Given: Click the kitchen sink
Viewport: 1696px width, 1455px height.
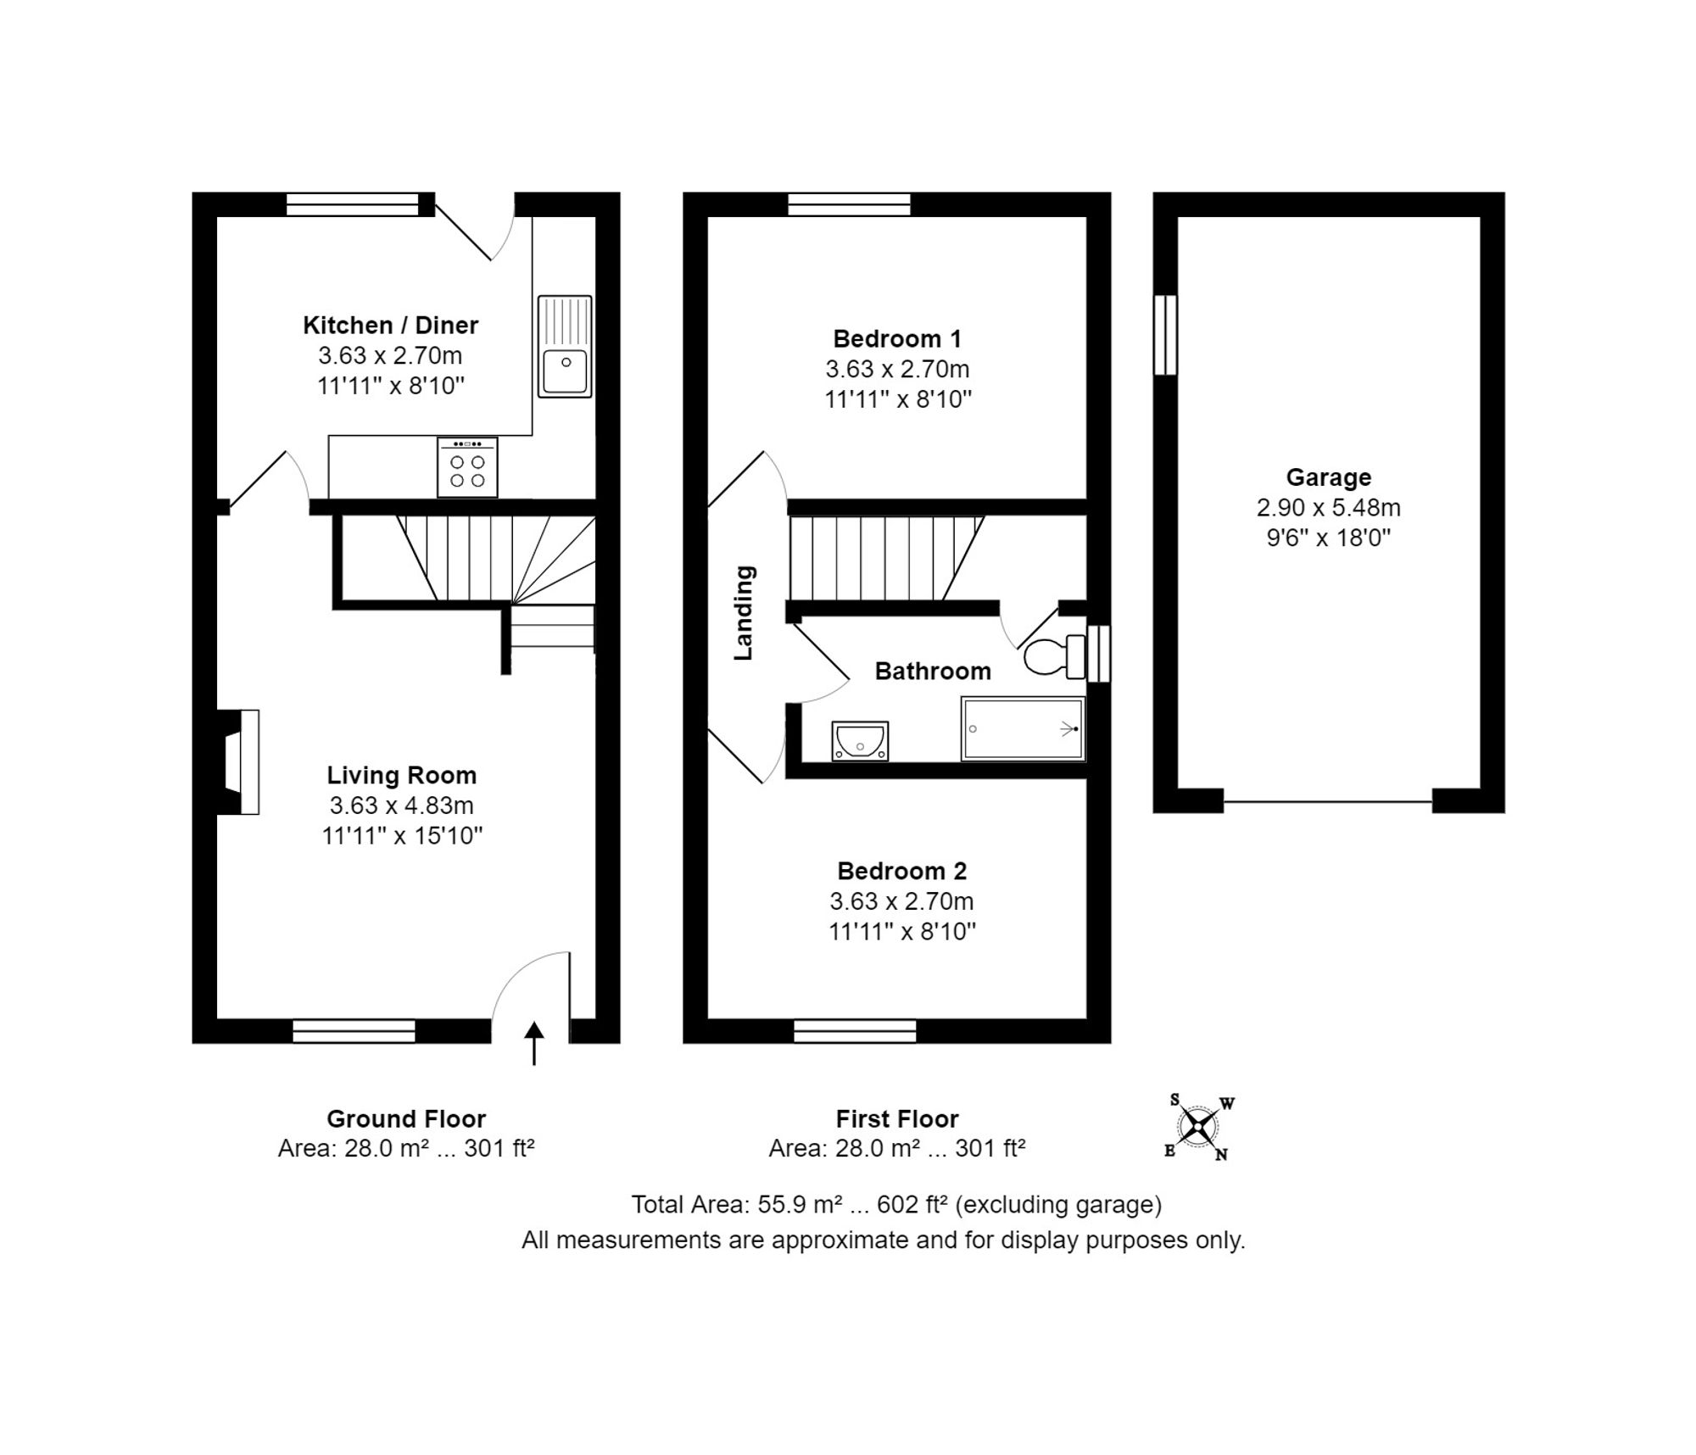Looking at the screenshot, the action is (565, 346).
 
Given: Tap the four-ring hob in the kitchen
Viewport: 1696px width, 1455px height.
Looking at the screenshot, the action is (467, 466).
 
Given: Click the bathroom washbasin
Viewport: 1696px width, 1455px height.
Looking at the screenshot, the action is (860, 741).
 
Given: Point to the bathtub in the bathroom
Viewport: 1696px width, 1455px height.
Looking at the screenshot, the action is (1024, 728).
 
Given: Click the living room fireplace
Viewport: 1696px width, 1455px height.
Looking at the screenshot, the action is (239, 761).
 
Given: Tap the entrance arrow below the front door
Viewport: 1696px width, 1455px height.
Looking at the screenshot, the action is (533, 1043).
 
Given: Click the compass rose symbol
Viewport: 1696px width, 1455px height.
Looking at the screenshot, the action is (1198, 1127).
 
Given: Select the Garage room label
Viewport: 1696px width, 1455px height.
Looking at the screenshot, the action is (1329, 477).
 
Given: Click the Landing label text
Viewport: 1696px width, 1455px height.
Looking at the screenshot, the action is (744, 613).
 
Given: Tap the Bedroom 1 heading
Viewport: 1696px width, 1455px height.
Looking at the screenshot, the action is (897, 339).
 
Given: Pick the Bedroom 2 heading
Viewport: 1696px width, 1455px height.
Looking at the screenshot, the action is (901, 871).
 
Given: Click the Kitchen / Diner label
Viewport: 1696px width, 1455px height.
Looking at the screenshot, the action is (391, 325).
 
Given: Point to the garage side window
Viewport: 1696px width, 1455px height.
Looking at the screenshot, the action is (1166, 335).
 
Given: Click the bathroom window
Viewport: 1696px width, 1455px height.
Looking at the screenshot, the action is (1099, 654).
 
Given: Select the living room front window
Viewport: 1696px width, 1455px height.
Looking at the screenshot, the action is (354, 1031).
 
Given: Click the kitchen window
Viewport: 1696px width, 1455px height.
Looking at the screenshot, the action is (353, 204).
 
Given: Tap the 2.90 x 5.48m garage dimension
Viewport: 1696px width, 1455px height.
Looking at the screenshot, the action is (1329, 508).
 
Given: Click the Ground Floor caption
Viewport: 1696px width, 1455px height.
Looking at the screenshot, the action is (406, 1119).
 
